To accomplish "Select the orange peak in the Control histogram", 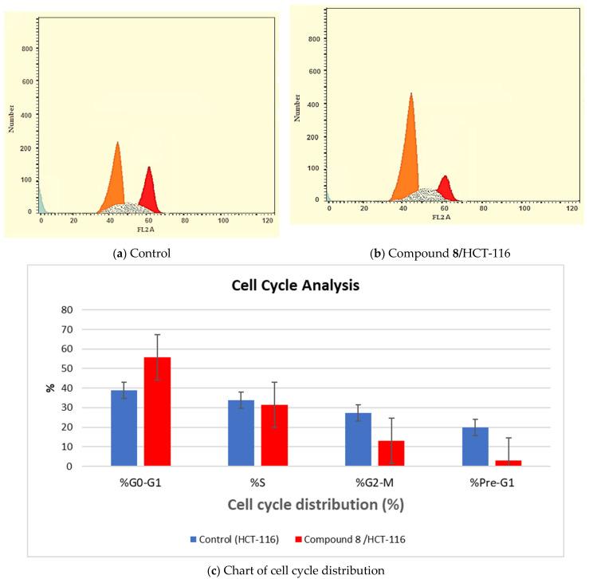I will point(117,183).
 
